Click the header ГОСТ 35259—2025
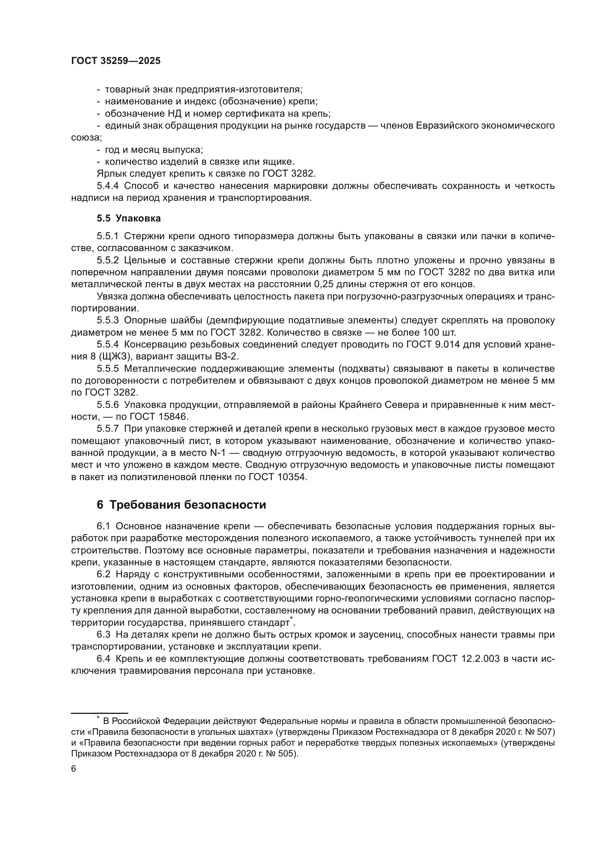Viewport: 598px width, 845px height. coord(116,61)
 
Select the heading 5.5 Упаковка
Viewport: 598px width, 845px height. coord(128,218)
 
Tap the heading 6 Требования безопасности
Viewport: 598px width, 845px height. coord(181,505)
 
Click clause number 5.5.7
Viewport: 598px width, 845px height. coord(107,429)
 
